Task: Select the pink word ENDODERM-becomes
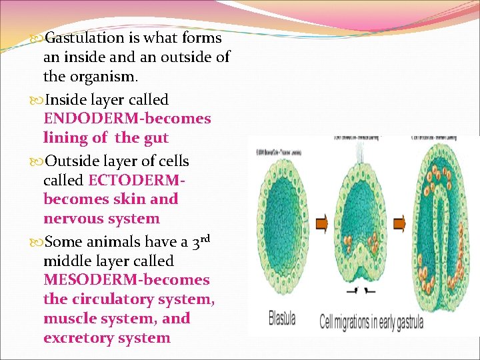pos(127,119)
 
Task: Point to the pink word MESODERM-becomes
pos(126,280)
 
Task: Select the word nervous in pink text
pos(71,219)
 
